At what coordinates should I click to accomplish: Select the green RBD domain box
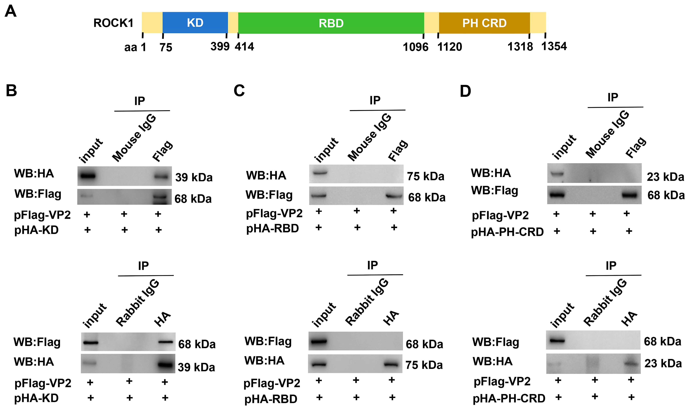coord(331,23)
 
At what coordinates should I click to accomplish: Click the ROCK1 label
coord(113,23)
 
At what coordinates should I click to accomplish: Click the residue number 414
coord(244,47)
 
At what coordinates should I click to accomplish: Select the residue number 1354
coord(554,46)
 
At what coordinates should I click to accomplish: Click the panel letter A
coord(11,12)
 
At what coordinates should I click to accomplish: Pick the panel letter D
coord(465,91)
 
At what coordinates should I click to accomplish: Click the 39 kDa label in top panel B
coord(194,177)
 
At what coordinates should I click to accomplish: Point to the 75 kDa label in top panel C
coord(426,176)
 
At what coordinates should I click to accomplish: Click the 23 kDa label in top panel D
coord(665,177)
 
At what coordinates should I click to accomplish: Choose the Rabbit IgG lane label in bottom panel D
coord(605,302)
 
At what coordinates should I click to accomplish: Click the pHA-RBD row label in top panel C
coord(272,228)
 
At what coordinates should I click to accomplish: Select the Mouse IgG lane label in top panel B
coord(134,138)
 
